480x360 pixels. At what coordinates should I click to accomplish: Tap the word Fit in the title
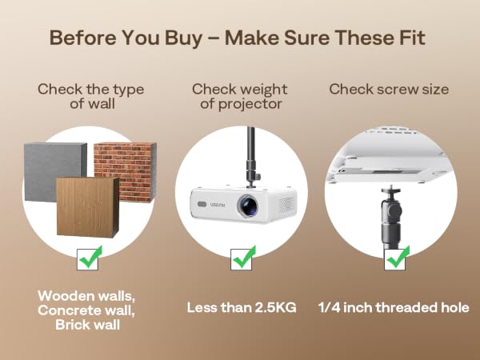(412, 38)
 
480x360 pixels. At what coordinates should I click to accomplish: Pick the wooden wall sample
(88, 207)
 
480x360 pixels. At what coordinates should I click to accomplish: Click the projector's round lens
(248, 206)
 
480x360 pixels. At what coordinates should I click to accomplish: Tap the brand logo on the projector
(218, 205)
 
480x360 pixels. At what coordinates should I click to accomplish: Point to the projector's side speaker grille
(286, 205)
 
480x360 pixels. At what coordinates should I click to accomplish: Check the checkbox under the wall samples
(88, 259)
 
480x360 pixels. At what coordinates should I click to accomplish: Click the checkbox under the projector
(242, 259)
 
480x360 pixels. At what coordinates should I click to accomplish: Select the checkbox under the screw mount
(395, 259)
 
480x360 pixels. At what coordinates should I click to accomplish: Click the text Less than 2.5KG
(242, 308)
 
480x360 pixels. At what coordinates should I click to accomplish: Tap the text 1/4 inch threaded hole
(394, 308)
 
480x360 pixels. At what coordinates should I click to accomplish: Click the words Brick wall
(87, 325)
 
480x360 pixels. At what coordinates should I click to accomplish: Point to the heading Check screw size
(389, 90)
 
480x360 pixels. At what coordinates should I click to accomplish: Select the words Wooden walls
(86, 296)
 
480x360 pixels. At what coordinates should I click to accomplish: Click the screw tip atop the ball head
(391, 186)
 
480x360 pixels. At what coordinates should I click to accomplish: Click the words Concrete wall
(86, 310)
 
